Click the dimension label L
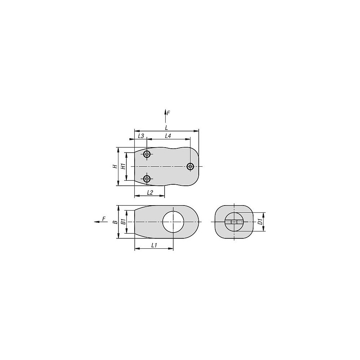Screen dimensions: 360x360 167,127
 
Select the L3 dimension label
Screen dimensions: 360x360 141,136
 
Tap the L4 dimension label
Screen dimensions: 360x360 168,136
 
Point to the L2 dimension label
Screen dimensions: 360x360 150,192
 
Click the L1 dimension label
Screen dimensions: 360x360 154,245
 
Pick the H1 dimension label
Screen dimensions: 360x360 123,166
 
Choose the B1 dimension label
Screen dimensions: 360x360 123,222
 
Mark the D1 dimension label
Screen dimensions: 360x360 260,222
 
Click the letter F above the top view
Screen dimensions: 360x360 168,113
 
